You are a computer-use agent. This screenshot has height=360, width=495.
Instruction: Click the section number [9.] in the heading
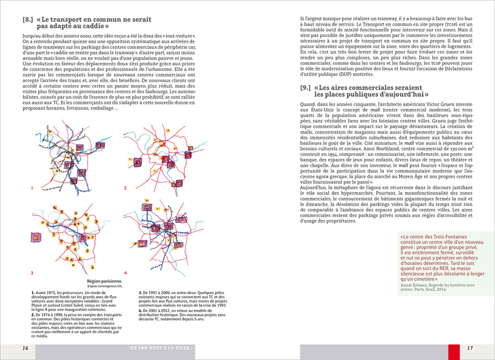[x=306, y=88]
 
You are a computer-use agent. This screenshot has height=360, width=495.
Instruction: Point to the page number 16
[x=26, y=348]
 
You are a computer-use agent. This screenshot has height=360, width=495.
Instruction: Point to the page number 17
[x=470, y=348]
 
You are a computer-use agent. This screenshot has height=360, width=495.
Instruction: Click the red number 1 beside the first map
[x=32, y=188]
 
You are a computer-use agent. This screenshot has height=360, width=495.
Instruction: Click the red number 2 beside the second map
[x=125, y=188]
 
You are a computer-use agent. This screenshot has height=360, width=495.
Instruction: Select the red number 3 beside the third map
[x=32, y=273]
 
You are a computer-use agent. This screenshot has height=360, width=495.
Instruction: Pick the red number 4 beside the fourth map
[x=125, y=273]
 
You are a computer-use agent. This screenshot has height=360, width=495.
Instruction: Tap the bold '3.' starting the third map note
[x=140, y=292]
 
